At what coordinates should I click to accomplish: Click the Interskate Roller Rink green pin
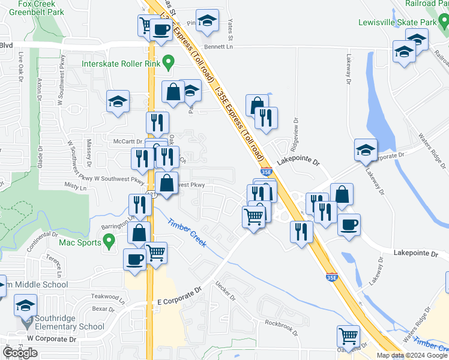pos(169,62)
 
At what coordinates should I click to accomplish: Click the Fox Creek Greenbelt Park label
pos(41,6)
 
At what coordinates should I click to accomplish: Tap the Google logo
pos(20,353)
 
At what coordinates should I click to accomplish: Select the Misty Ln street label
pos(76,188)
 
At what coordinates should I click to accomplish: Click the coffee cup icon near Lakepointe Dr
pos(348,225)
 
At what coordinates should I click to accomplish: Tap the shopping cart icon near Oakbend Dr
pos(348,336)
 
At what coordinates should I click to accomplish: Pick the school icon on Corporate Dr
pos(366,150)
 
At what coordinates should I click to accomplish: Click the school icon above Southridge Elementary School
pos(26,305)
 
